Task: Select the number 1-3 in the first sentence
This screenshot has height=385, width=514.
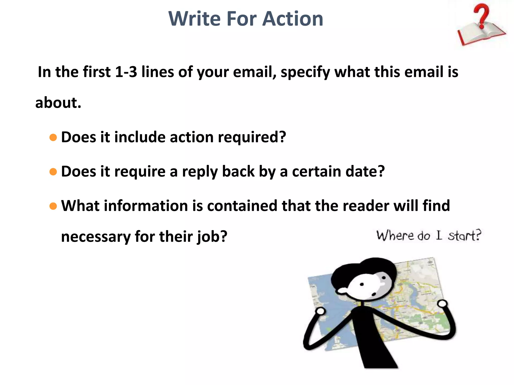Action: point(126,72)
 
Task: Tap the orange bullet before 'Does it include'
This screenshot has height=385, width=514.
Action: point(53,137)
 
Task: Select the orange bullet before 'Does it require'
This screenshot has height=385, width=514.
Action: point(53,172)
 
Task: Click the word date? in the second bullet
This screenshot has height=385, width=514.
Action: point(365,172)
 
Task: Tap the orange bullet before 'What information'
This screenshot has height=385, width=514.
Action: point(53,206)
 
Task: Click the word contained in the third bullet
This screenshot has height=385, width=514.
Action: point(242,206)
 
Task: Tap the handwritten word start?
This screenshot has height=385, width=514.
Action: point(465,236)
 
